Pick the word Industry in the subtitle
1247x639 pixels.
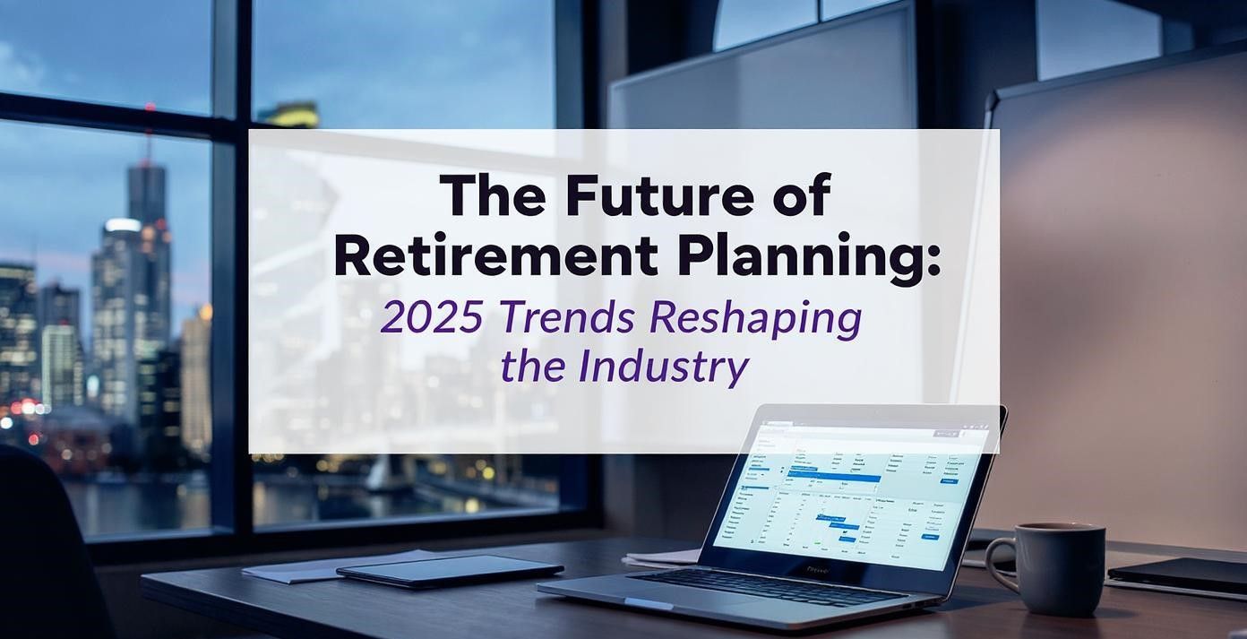(x=664, y=367)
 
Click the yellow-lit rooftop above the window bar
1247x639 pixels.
(x=289, y=114)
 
